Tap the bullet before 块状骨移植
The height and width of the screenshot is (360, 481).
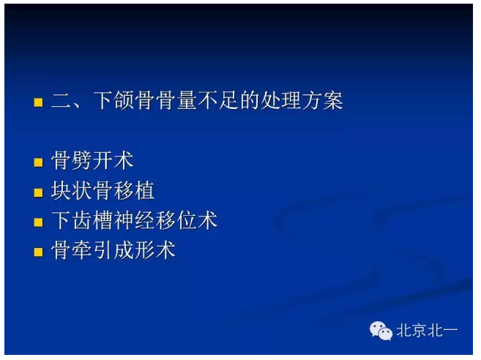(39, 192)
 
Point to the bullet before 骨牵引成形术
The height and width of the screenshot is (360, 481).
(39, 252)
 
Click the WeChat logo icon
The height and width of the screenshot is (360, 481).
(381, 331)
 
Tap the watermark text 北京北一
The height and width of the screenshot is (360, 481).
(427, 331)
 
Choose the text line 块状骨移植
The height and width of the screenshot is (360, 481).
(102, 192)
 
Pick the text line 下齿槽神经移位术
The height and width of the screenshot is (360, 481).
(134, 221)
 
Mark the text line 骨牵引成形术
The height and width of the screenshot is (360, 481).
(113, 251)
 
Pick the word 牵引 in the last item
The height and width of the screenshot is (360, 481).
(92, 251)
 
